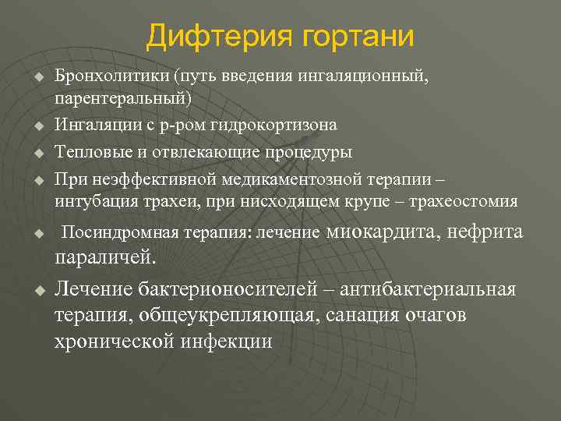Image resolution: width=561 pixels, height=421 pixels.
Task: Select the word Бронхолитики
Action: coord(111,77)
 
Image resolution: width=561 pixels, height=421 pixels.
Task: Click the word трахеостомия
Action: coord(471,201)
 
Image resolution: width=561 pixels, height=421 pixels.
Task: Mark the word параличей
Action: coord(104,257)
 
